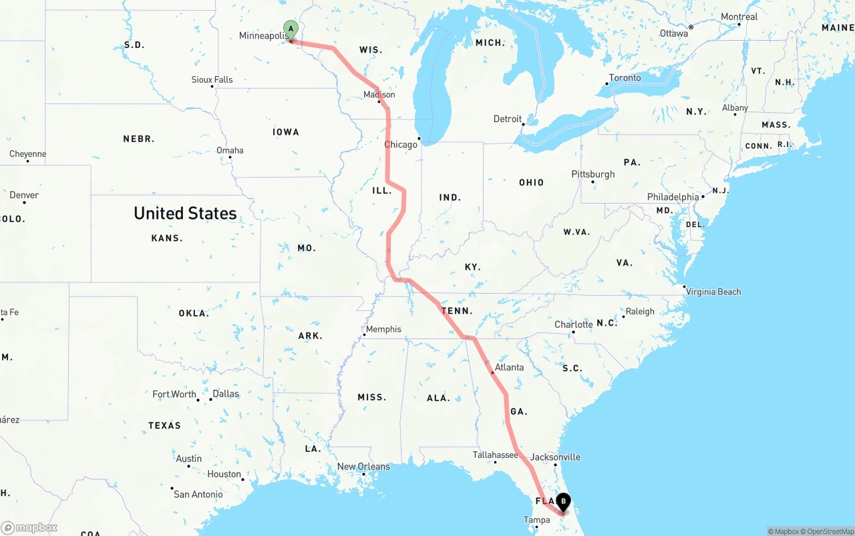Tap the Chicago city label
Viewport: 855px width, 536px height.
[400, 144]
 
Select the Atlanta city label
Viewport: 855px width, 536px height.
[509, 367]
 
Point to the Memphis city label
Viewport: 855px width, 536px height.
[383, 329]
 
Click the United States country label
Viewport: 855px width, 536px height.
[185, 213]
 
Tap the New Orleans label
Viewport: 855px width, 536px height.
[363, 467]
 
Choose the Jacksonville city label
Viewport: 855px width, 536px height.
[555, 457]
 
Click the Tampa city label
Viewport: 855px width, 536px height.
[536, 520]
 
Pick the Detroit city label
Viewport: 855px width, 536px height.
[508, 119]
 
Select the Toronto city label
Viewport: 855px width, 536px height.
[625, 78]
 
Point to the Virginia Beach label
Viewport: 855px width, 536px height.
[713, 292]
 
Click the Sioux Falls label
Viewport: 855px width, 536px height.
[212, 79]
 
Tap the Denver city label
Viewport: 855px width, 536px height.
[24, 195]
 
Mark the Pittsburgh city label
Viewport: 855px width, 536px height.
[592, 174]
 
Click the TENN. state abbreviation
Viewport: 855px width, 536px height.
[457, 311]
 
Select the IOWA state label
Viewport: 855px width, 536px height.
[286, 132]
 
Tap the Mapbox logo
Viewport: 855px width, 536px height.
[29, 527]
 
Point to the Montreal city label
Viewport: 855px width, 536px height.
[739, 17]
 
